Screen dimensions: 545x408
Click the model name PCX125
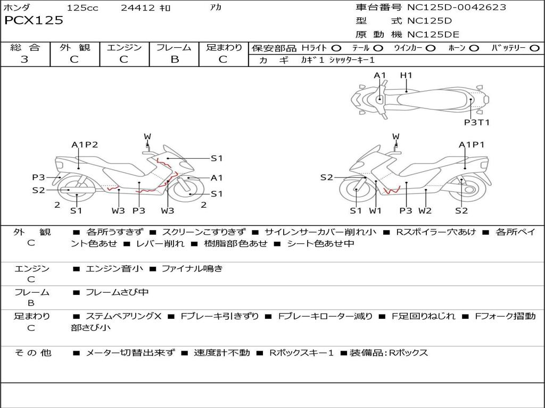[x=34, y=20]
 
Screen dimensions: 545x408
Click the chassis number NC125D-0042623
[x=456, y=7]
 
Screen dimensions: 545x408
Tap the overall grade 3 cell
[x=24, y=59]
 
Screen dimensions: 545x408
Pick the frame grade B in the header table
[x=175, y=59]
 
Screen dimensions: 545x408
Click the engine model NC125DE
[x=433, y=35]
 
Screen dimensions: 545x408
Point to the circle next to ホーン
[x=474, y=48]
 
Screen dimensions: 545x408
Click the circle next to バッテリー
[x=534, y=48]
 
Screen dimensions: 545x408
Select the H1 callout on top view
[x=406, y=75]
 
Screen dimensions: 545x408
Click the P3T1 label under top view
[x=476, y=123]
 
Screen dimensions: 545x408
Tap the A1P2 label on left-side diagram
[x=85, y=144]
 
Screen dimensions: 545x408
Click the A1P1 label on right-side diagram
[x=472, y=144]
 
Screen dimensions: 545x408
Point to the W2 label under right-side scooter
[x=425, y=210]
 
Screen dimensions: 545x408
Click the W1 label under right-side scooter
[x=375, y=210]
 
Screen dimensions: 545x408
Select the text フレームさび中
[x=117, y=293]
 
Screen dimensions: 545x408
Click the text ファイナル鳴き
[x=192, y=268]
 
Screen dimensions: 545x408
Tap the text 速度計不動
[x=222, y=353]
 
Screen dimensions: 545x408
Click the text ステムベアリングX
[x=123, y=317]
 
